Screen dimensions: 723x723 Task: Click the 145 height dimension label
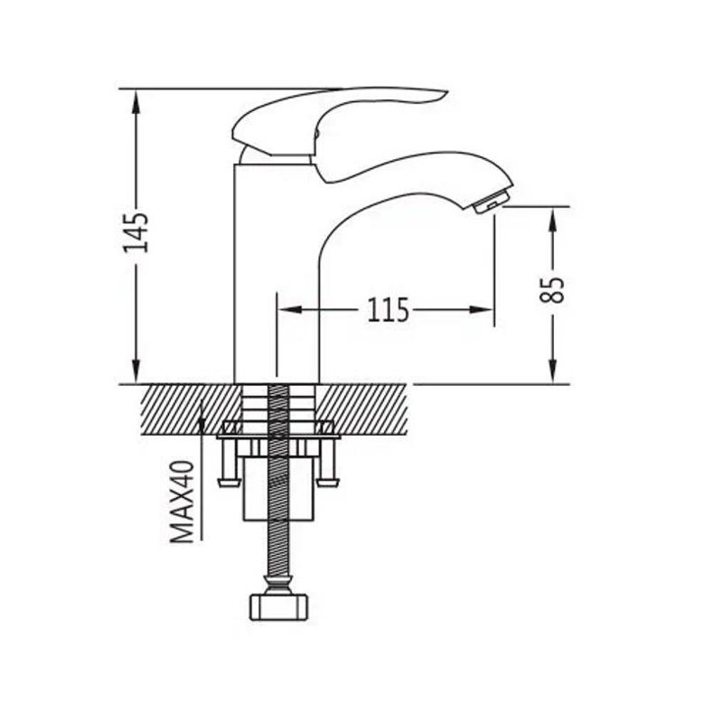click(136, 232)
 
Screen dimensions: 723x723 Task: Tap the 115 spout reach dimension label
click(388, 310)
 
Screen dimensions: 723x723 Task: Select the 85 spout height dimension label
click(552, 289)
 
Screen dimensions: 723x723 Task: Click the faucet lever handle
click(339, 121)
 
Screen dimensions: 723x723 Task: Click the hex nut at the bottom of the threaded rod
click(278, 607)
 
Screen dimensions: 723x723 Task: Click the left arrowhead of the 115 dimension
click(289, 310)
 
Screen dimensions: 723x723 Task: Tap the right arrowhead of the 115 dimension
click(482, 310)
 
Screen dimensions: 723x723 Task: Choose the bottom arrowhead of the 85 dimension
click(553, 371)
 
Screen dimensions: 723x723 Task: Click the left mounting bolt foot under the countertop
click(230, 483)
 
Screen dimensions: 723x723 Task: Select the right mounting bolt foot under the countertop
click(328, 483)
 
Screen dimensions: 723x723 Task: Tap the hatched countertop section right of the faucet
click(363, 409)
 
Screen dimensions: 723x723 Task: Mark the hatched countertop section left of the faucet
click(191, 409)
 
